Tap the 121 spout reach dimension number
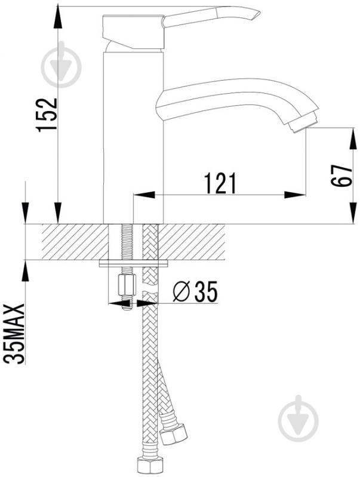pyautogui.click(x=220, y=183)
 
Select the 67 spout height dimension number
pyautogui.click(x=341, y=176)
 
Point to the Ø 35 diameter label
pyautogui.click(x=195, y=291)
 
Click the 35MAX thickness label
pyautogui.click(x=14, y=333)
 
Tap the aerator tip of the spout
pyautogui.click(x=303, y=124)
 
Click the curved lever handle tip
pyautogui.click(x=255, y=14)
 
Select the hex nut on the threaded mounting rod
pyautogui.click(x=127, y=285)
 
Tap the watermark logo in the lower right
pyautogui.click(x=298, y=418)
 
